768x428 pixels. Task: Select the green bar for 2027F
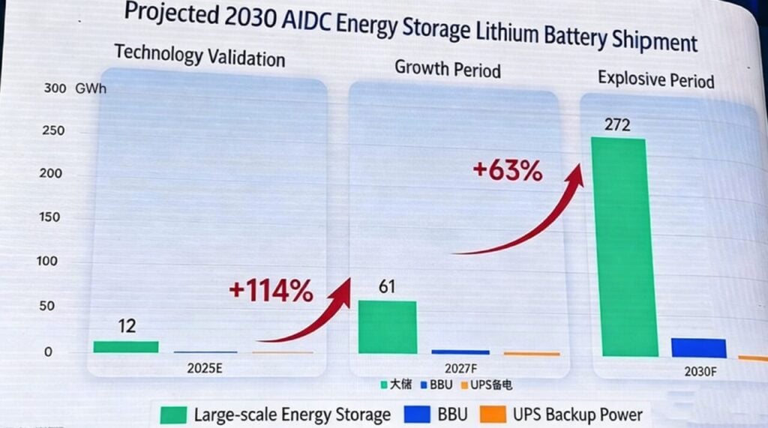point(387,327)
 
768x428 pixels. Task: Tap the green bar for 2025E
point(126,346)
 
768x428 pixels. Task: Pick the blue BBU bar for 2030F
point(698,348)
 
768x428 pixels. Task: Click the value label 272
point(616,124)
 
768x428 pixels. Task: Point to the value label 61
point(387,288)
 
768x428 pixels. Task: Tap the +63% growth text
point(507,171)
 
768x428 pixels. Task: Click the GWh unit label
point(91,88)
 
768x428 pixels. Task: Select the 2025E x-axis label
point(205,368)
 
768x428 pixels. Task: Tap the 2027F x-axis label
point(460,368)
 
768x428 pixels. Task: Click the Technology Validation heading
point(199,55)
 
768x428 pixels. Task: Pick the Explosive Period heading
point(655,79)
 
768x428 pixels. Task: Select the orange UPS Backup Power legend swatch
point(492,414)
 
